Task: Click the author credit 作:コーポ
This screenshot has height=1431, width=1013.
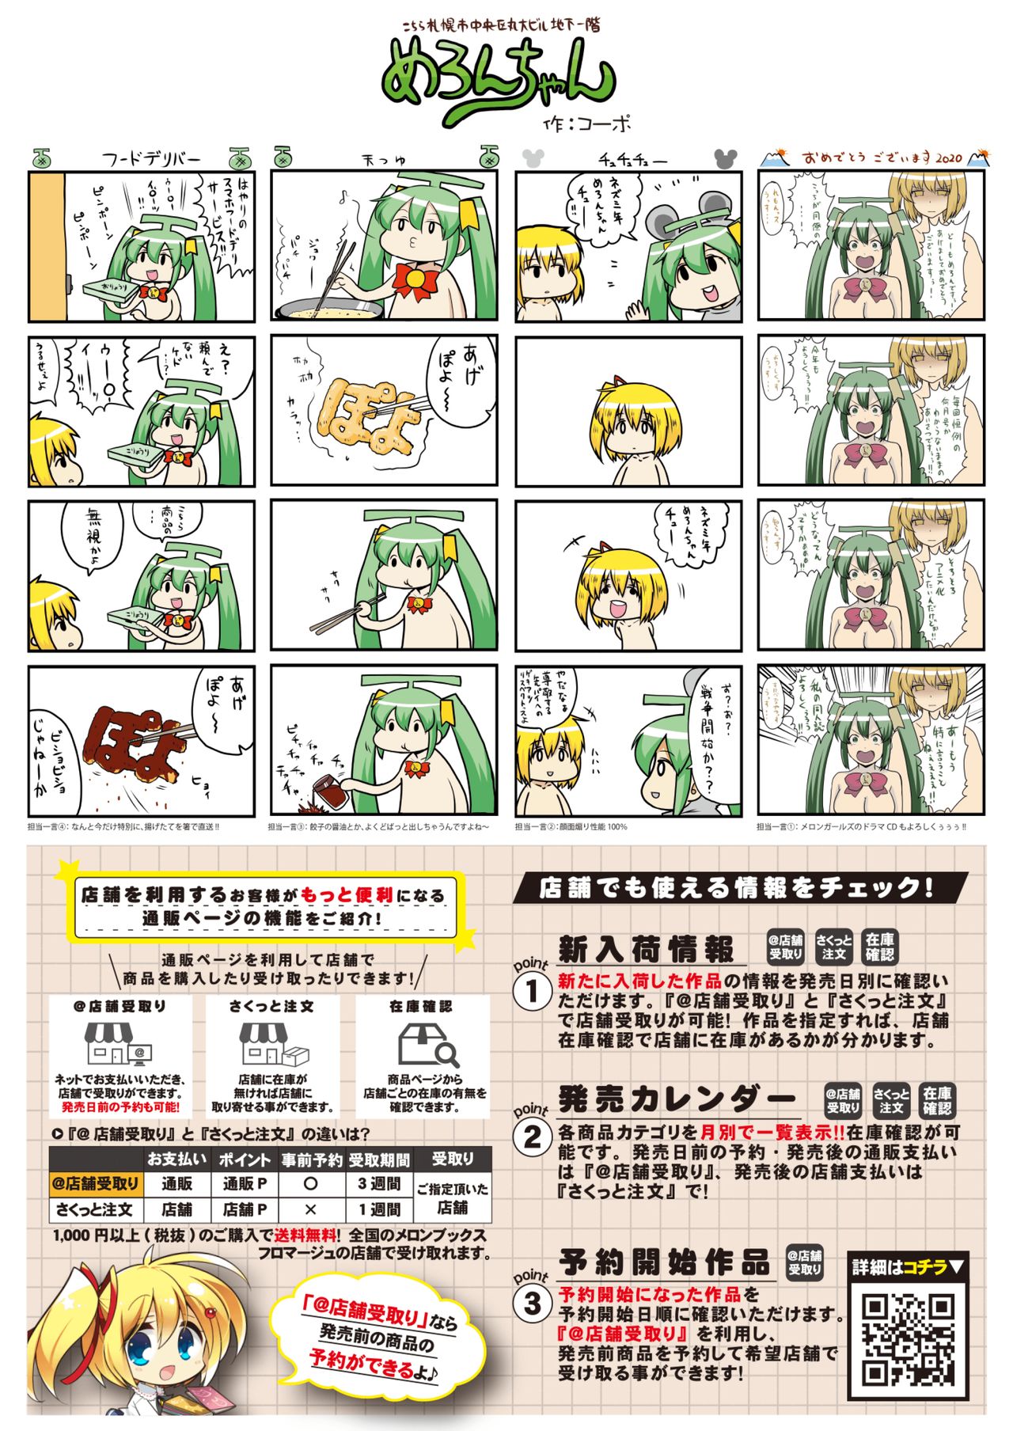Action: tap(586, 123)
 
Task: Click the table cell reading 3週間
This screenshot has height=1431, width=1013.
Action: tap(379, 1184)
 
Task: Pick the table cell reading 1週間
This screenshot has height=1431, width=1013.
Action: tap(379, 1209)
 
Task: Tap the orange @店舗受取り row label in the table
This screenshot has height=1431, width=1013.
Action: tap(96, 1184)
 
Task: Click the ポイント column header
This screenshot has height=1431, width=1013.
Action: tap(244, 1160)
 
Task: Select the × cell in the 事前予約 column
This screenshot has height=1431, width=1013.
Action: tap(310, 1209)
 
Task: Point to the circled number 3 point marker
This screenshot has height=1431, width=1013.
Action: tap(532, 1303)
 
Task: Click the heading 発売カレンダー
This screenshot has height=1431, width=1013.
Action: tap(677, 1098)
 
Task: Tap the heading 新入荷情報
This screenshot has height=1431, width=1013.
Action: tap(646, 948)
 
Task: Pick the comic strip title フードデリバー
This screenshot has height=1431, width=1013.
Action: tap(151, 159)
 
